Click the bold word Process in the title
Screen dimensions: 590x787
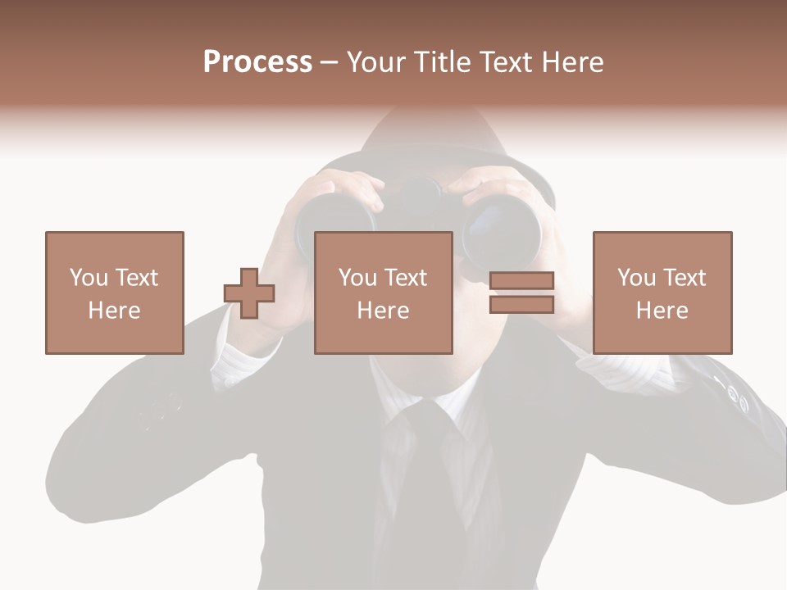pyautogui.click(x=257, y=62)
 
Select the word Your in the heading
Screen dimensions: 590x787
pyautogui.click(x=377, y=62)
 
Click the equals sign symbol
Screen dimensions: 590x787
pyautogui.click(x=521, y=293)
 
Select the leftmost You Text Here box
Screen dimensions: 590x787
pyautogui.click(x=115, y=293)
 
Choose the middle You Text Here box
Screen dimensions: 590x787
pyautogui.click(x=384, y=293)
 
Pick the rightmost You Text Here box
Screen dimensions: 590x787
pyautogui.click(x=662, y=293)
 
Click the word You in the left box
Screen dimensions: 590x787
pyautogui.click(x=88, y=278)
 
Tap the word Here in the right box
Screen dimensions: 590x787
pyautogui.click(x=662, y=310)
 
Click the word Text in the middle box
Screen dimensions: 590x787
pyautogui.click(x=406, y=278)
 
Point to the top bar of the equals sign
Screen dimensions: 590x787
pyautogui.click(x=521, y=281)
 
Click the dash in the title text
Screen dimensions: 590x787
pyautogui.click(x=329, y=63)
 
